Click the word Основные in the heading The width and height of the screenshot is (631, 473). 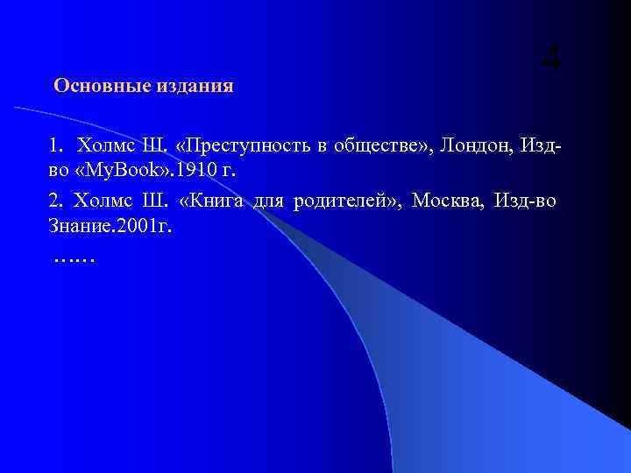click(94, 86)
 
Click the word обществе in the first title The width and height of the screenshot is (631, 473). click(367, 145)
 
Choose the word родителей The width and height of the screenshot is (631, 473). click(340, 201)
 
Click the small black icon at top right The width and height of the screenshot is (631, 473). click(550, 59)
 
